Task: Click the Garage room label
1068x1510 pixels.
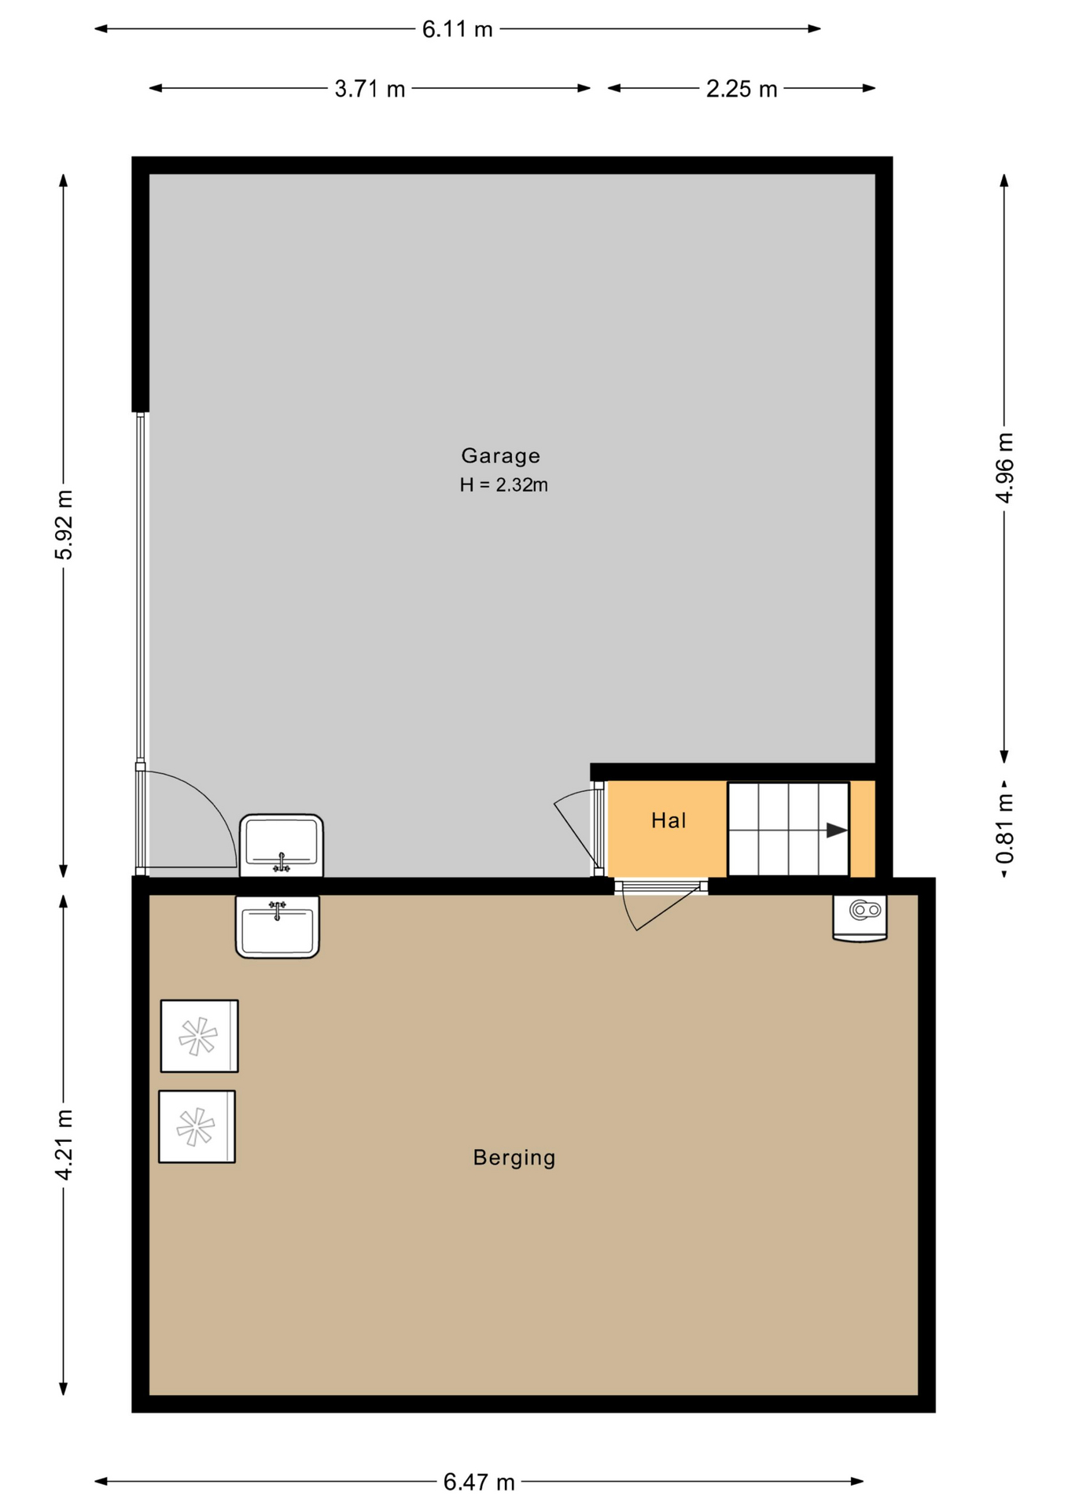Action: click(500, 456)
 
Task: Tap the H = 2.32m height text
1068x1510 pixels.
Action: click(503, 485)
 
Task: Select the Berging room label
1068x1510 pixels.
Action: click(514, 1158)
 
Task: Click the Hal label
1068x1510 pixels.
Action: click(668, 821)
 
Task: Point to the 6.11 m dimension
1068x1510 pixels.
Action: click(457, 29)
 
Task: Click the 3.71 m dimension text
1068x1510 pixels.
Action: click(370, 89)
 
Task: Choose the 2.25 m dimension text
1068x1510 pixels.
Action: click(742, 89)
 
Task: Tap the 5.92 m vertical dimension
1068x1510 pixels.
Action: click(64, 525)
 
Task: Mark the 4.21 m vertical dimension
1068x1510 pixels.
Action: click(64, 1145)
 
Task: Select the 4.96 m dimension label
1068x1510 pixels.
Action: click(1004, 467)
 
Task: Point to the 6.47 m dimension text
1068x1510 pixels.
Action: click(479, 1482)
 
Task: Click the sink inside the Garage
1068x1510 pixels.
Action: click(282, 845)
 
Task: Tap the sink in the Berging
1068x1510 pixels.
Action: click(278, 927)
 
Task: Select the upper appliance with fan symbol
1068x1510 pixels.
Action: click(199, 1036)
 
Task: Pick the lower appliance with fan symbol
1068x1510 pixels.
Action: click(197, 1126)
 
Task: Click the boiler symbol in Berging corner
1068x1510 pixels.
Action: click(860, 918)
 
